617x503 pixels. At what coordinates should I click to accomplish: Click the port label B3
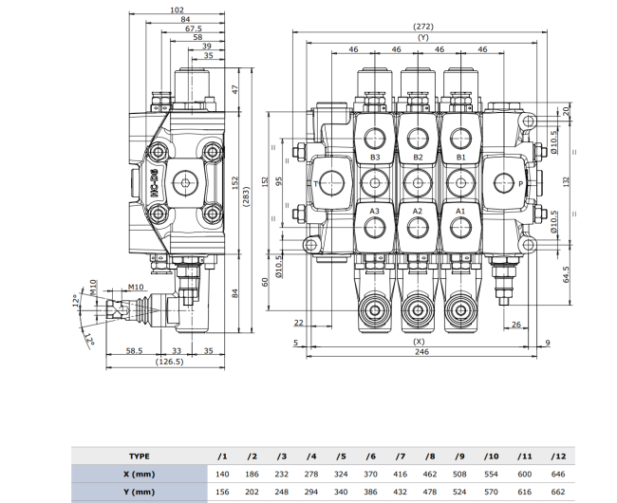[x=375, y=157]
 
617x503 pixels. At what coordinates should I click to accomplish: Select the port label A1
[x=461, y=210]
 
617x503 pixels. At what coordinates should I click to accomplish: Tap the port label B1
[x=461, y=157]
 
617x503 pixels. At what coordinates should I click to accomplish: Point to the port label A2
[x=418, y=210]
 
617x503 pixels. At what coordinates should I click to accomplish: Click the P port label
[x=520, y=182]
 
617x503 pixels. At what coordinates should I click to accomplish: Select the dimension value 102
[x=176, y=9]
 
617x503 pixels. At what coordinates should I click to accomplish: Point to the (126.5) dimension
[x=170, y=362]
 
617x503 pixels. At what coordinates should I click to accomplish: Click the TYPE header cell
[x=140, y=456]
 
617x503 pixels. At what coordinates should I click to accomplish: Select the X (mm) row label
[x=140, y=474]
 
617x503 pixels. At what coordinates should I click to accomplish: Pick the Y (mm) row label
[x=140, y=492]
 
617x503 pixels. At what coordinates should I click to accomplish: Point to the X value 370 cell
[x=371, y=474]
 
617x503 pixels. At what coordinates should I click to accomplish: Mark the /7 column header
[x=402, y=456]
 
